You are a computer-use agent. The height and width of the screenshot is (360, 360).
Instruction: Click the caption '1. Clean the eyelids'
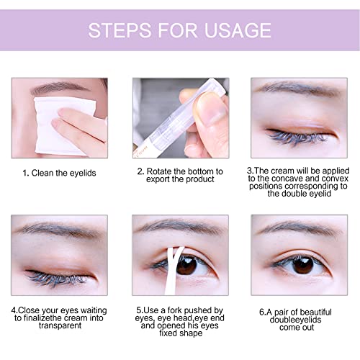click(x=59, y=173)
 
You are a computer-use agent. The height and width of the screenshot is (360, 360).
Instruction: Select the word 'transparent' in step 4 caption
click(x=59, y=325)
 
